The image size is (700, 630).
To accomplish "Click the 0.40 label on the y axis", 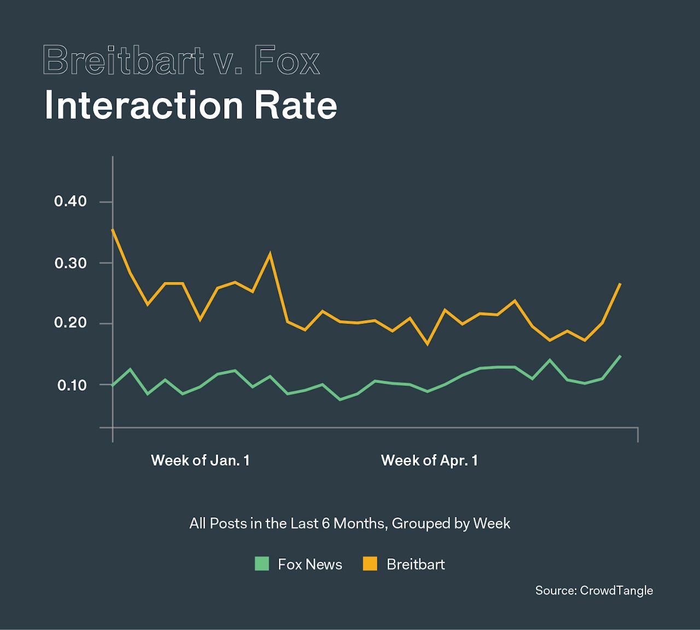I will click(x=71, y=202).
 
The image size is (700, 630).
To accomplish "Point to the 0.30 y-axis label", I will click(x=71, y=263).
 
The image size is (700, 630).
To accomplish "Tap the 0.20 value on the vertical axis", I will click(x=71, y=323).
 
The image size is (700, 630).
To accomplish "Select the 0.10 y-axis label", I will click(x=72, y=385).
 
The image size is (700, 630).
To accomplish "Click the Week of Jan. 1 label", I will click(x=200, y=461).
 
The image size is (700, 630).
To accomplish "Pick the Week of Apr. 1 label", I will click(x=429, y=461).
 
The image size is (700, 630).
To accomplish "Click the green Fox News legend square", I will click(x=262, y=564).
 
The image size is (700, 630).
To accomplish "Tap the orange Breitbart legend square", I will click(x=370, y=564).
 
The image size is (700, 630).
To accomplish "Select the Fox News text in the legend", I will click(x=310, y=564).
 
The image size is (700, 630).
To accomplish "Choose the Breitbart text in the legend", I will click(x=416, y=564).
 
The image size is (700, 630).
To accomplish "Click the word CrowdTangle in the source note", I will click(x=616, y=591).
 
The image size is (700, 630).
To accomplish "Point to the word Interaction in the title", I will click(x=143, y=105).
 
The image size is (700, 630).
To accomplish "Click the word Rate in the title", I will click(x=296, y=105).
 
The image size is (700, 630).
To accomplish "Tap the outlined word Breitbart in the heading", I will click(x=123, y=60).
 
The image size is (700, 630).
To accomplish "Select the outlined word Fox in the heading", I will click(x=287, y=60).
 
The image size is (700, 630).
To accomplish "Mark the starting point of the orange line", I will click(x=113, y=229).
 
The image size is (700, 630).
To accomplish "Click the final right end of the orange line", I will click(x=620, y=284).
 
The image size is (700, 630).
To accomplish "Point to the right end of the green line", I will click(x=620, y=356).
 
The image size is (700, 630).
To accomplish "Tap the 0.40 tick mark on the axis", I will click(x=106, y=202).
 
